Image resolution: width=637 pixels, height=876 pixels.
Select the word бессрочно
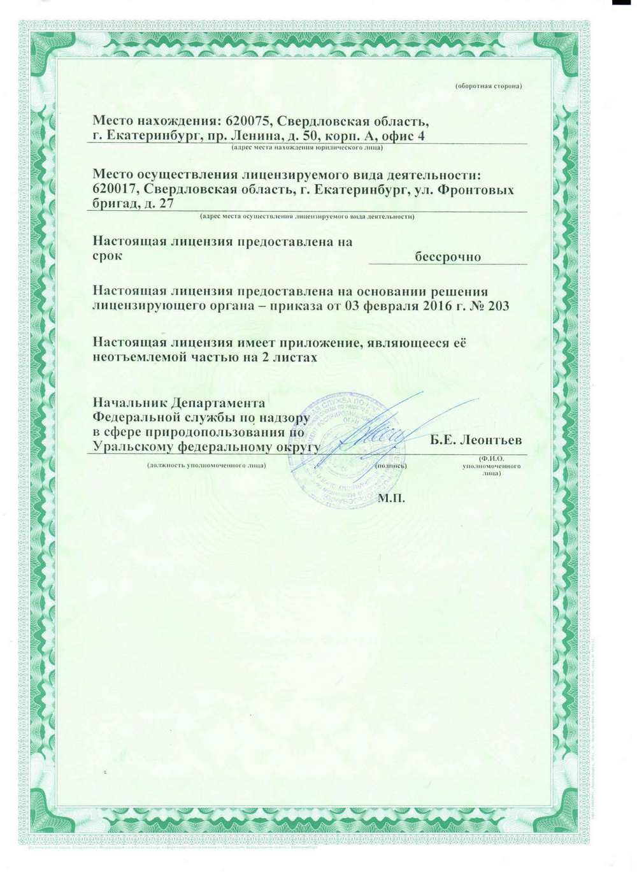point(448,257)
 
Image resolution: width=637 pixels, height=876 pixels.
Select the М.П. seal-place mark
point(391,497)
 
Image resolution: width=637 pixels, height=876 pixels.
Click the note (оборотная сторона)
point(489,85)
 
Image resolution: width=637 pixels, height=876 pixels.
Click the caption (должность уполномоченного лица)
point(206,465)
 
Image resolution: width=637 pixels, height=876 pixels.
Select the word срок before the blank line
point(108,257)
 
